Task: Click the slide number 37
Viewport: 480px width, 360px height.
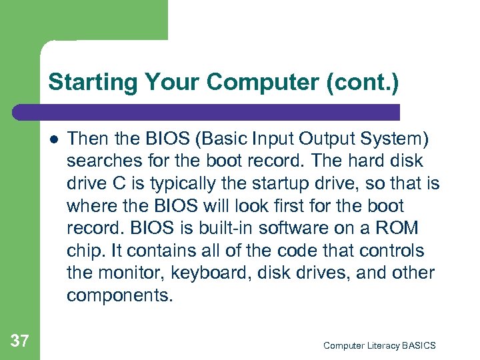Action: pos(20,341)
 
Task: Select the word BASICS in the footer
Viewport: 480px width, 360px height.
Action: pos(418,345)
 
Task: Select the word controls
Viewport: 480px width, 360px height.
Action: pos(399,251)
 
